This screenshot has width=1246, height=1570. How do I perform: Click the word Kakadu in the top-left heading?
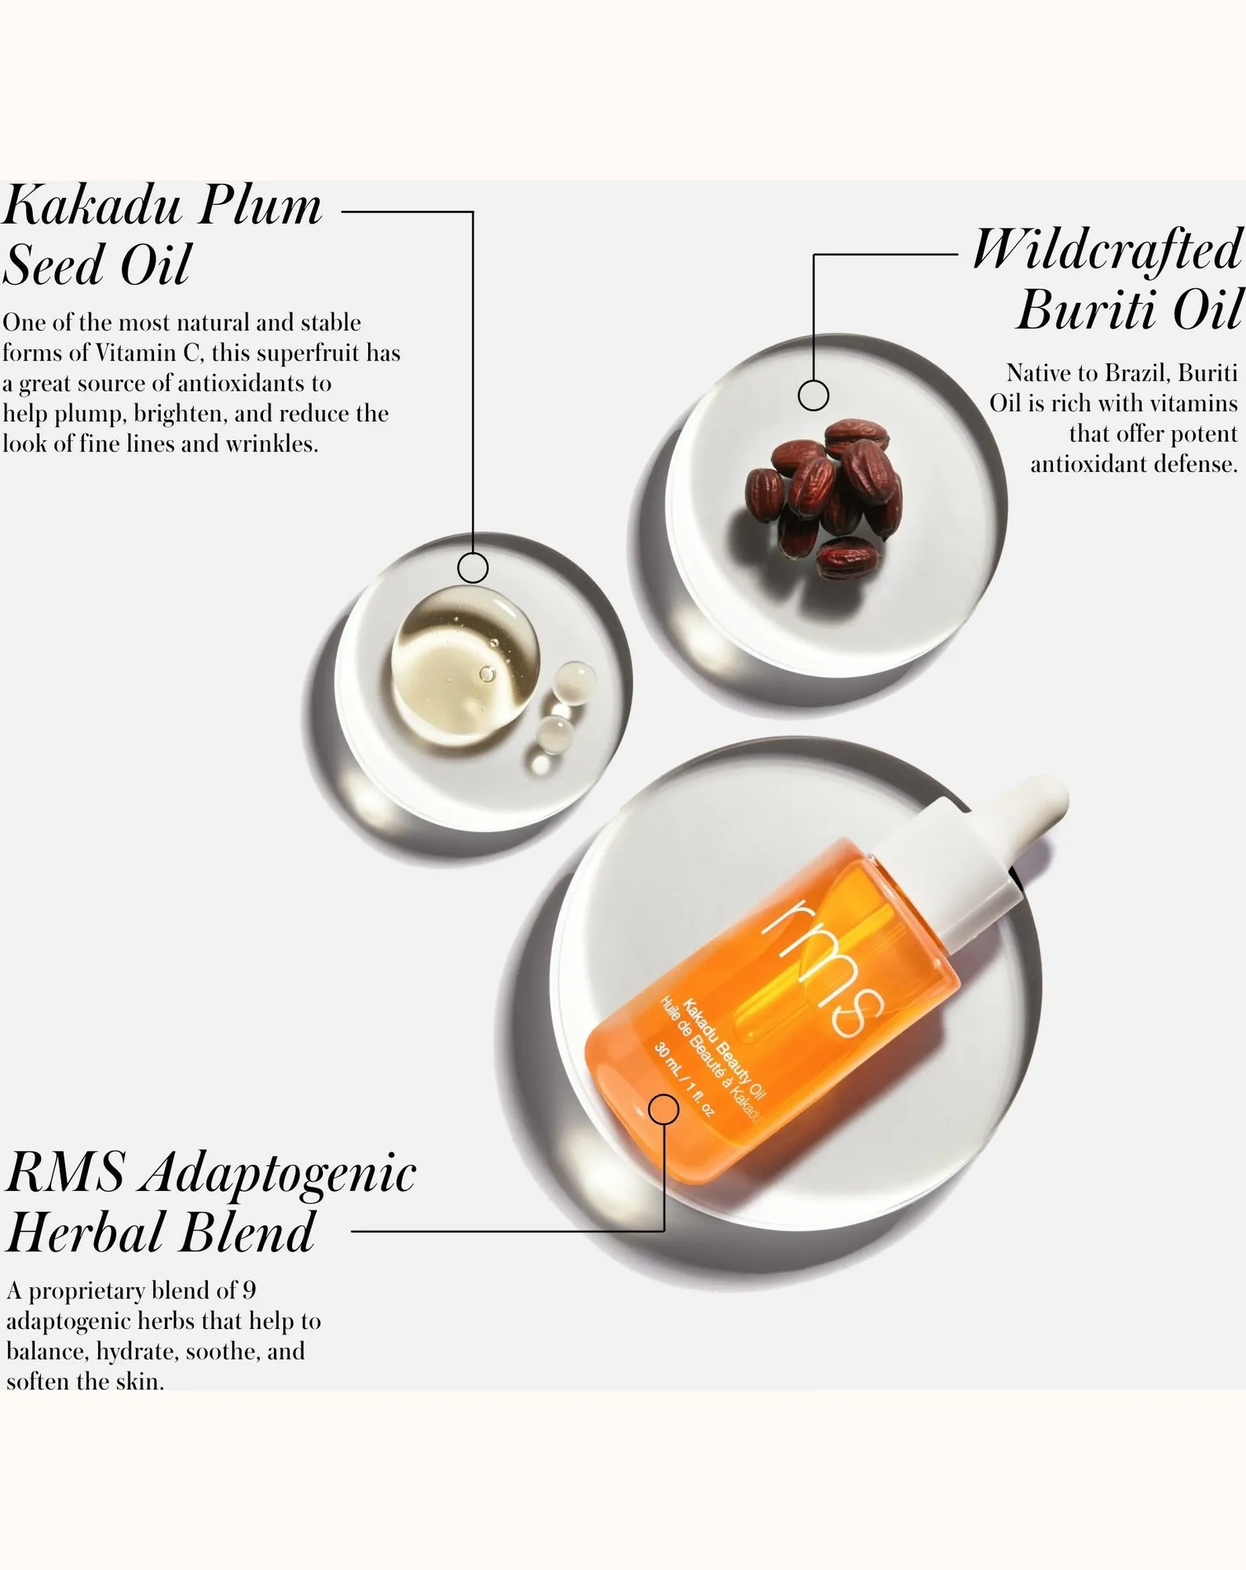[x=92, y=206]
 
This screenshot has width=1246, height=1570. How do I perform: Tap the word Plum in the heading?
[x=260, y=206]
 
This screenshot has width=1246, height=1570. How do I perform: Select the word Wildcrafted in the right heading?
[x=1108, y=249]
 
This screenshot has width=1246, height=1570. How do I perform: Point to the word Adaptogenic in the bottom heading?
[x=280, y=1175]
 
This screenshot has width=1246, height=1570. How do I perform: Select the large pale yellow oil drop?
[x=466, y=664]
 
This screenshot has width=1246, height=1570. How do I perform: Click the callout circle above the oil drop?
[x=473, y=568]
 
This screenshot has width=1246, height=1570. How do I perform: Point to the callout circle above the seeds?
[x=813, y=395]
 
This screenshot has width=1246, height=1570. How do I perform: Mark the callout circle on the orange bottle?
[x=664, y=1109]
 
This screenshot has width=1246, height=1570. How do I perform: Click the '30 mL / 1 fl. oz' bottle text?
[x=685, y=1079]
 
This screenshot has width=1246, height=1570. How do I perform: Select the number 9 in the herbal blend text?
[x=249, y=1291]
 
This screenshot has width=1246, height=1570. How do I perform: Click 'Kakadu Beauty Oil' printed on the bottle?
[x=724, y=1048]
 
